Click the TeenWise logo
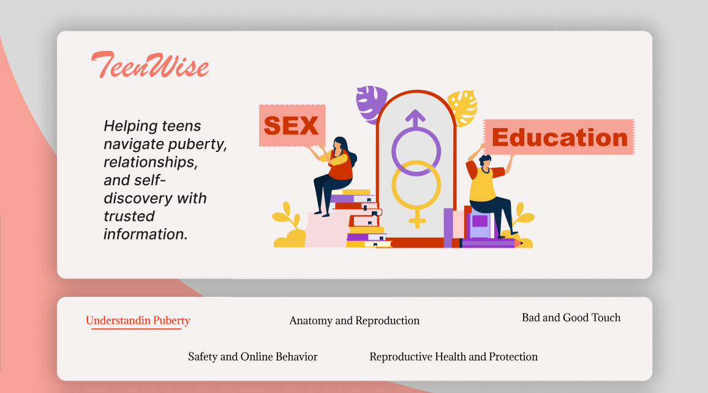[x=150, y=64]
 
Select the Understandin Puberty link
[x=138, y=321]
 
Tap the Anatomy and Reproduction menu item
[x=355, y=321]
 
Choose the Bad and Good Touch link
[x=571, y=318]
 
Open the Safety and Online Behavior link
[x=253, y=357]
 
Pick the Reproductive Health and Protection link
[x=454, y=357]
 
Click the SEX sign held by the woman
[x=292, y=125]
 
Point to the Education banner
[x=559, y=137]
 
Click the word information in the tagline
[x=145, y=234]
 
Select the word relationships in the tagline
[x=151, y=162]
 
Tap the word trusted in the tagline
[x=129, y=216]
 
